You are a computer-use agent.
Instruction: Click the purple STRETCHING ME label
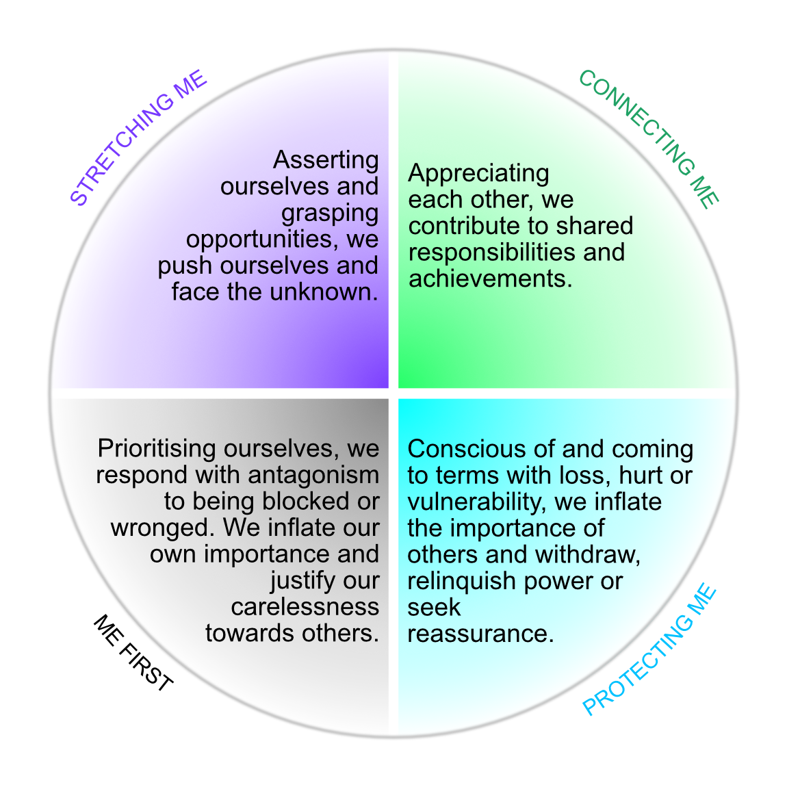coord(139,138)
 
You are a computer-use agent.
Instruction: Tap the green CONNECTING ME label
coord(649,139)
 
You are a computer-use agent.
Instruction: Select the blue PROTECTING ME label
coord(649,649)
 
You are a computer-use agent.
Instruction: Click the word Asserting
coord(326,160)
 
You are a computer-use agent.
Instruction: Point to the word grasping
coord(330,214)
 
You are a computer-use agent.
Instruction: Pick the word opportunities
coord(263,240)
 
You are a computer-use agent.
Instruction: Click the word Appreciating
coord(478,174)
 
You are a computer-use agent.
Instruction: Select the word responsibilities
coord(493,253)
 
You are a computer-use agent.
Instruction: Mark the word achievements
coord(490,279)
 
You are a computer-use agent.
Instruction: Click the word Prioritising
coord(157,449)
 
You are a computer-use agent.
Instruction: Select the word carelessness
coord(305,607)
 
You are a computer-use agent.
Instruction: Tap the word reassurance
coord(480,634)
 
